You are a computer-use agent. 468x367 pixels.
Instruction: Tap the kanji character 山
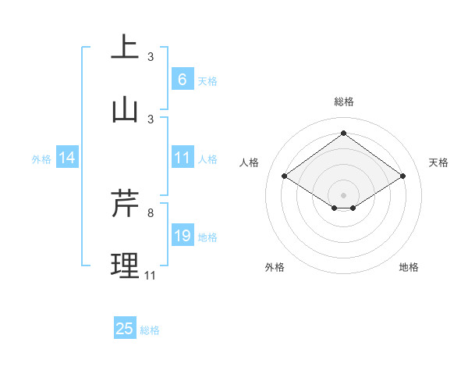(x=125, y=109)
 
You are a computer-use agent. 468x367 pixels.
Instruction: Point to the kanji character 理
(x=125, y=265)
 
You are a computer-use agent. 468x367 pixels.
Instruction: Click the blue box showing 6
(x=182, y=79)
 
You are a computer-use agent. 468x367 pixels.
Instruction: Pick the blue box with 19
(x=182, y=236)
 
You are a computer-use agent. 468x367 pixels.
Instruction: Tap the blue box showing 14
(x=67, y=159)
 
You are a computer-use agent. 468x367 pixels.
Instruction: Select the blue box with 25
(x=125, y=329)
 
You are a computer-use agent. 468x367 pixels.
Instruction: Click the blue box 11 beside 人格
(x=182, y=158)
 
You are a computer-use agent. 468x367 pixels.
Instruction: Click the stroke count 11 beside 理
(x=150, y=276)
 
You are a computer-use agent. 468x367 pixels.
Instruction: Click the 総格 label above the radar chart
(x=343, y=102)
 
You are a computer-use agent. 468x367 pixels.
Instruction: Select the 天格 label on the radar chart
(x=438, y=162)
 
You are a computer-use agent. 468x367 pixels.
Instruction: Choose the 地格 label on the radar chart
(x=409, y=267)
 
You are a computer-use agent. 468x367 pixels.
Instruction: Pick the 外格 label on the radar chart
(x=275, y=267)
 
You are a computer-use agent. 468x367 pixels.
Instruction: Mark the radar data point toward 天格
(x=402, y=176)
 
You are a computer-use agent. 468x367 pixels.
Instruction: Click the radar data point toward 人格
(x=285, y=176)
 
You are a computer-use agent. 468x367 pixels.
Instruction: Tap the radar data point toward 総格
(x=343, y=133)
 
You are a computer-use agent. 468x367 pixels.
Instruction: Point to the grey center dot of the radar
(x=343, y=194)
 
